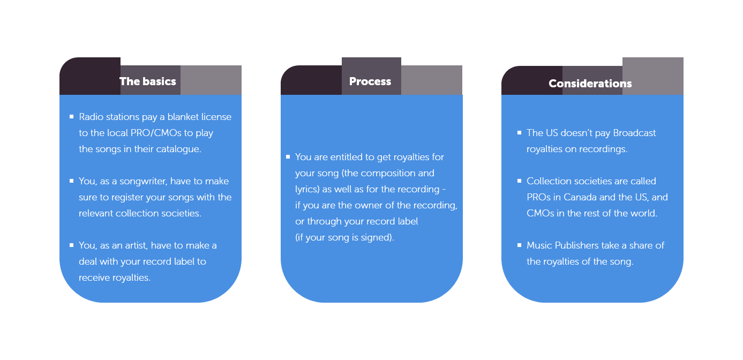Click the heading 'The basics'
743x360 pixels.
point(148,81)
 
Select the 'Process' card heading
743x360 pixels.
point(370,81)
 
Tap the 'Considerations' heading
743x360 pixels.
point(590,84)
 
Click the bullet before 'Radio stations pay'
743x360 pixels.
point(72,116)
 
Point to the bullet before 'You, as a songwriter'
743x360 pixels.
point(72,181)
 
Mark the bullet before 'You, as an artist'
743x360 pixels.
point(72,245)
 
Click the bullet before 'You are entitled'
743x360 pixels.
point(288,156)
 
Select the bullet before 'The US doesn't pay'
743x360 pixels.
point(520,132)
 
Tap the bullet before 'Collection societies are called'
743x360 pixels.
point(520,181)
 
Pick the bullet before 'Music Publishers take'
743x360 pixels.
point(520,245)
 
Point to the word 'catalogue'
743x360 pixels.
point(178,149)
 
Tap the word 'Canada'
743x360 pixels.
point(583,197)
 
